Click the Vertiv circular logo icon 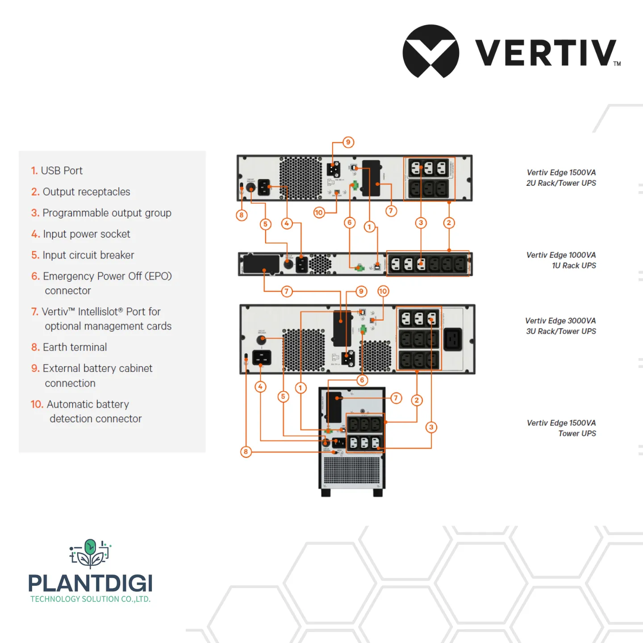pos(430,51)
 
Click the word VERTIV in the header pos(546,53)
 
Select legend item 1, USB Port pos(57,171)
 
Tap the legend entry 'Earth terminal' pos(69,347)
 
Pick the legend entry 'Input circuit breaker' pos(83,255)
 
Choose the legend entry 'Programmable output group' pos(101,213)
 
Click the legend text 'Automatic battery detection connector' pos(87,411)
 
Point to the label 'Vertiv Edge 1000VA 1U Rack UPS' pos(561,260)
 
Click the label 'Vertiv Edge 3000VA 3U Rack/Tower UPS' pos(560,326)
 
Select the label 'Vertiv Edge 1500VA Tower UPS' pos(561,428)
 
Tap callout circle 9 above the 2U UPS pos(348,142)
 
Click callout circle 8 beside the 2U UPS pos(242,215)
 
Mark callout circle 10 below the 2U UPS pos(319,213)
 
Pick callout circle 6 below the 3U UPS pos(362,380)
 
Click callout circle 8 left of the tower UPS pos(246,452)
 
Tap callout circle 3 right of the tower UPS pos(431,427)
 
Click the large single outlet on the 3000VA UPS pos(453,339)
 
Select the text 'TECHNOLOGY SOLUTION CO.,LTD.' pos(90,599)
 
